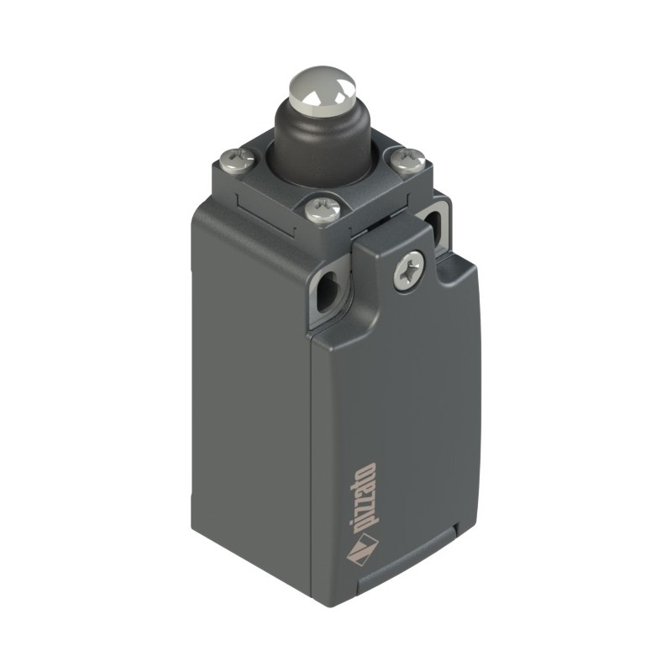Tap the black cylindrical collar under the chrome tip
[x=323, y=141]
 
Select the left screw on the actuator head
[x=237, y=159]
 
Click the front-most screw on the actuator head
[x=323, y=209]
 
